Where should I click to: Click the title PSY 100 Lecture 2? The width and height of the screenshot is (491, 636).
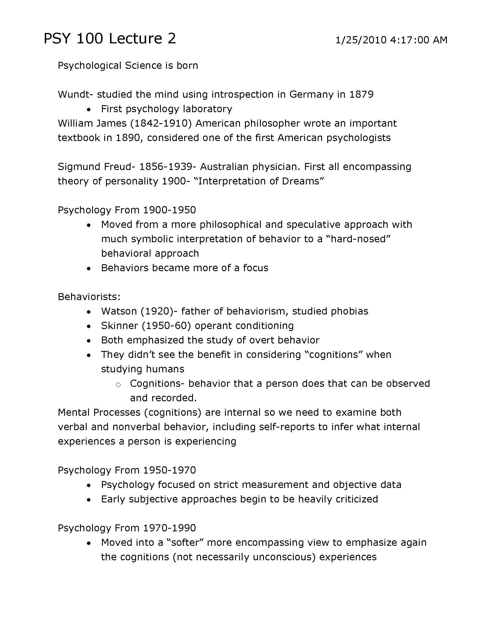110,39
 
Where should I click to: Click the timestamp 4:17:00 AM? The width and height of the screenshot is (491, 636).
418,40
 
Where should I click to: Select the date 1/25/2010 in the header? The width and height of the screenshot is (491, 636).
361,40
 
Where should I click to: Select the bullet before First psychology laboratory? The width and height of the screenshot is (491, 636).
89,110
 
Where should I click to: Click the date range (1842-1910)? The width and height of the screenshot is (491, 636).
161,123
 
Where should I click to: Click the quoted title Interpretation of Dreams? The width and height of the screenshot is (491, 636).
258,181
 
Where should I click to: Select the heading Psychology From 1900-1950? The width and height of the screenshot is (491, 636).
127,210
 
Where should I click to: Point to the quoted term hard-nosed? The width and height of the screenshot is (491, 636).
358,239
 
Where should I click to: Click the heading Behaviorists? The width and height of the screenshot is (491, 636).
89,297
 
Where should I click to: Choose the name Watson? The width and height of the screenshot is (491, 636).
119,311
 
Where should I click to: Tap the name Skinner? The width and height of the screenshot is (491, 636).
119,326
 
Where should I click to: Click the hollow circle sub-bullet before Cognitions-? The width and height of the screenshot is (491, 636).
118,385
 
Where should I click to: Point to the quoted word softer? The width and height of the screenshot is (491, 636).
186,543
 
